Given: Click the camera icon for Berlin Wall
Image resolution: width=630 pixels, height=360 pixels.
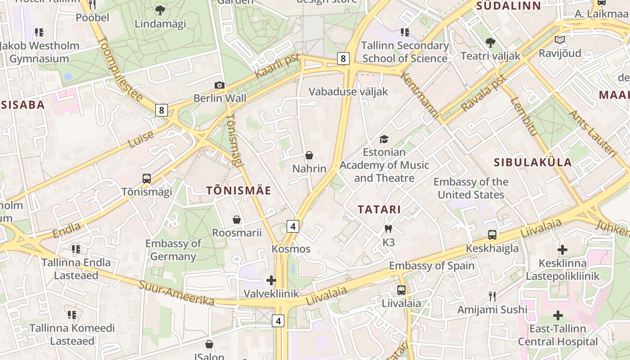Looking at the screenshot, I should [x=219, y=85].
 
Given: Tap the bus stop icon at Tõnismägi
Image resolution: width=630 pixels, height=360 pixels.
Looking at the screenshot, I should [x=147, y=178].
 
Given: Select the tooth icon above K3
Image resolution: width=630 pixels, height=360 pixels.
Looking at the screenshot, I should [x=388, y=229].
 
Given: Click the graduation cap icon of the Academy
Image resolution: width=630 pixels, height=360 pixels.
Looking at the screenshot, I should [x=384, y=139].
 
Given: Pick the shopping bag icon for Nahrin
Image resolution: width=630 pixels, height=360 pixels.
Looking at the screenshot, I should [x=309, y=156].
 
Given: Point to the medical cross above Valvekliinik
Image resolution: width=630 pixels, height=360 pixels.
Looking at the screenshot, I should [x=271, y=280].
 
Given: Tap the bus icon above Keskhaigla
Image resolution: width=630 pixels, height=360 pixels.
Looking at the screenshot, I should [x=492, y=234].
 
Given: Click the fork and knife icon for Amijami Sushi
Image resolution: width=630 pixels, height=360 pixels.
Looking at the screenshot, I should [x=492, y=296].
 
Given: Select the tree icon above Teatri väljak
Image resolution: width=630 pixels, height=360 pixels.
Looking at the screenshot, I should [x=490, y=43].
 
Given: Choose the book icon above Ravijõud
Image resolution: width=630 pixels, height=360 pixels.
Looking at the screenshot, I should [x=560, y=40].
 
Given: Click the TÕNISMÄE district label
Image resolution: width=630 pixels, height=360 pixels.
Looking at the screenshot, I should [x=238, y=190].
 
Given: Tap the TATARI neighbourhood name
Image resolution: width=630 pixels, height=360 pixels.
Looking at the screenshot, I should [x=379, y=209].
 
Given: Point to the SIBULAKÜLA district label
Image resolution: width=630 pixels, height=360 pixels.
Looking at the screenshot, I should [x=533, y=162].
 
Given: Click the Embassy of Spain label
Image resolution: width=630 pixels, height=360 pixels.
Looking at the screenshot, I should [x=432, y=265].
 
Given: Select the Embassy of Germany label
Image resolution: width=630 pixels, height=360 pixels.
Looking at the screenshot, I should [x=173, y=250].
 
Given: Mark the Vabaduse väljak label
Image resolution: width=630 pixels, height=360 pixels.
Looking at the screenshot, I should [x=348, y=91].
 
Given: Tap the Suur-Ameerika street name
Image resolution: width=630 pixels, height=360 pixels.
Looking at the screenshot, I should [x=176, y=293].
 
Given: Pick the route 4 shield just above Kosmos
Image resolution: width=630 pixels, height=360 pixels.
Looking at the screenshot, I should [x=293, y=226].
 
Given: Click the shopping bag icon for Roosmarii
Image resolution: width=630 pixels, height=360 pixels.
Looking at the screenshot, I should [x=237, y=220].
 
